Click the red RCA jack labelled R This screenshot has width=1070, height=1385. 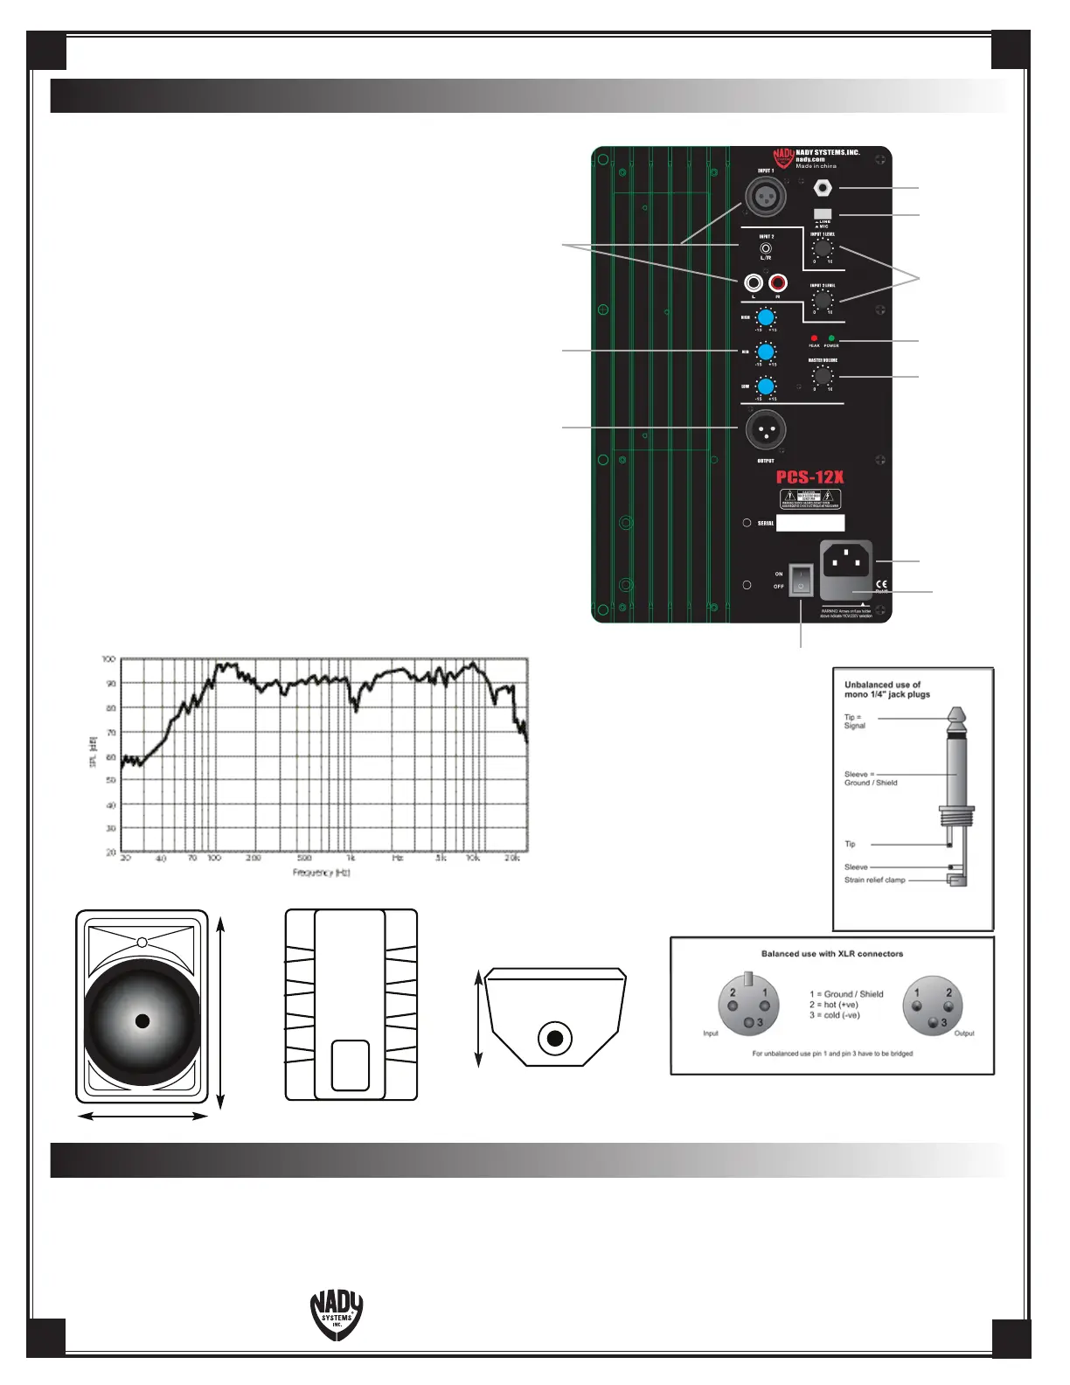(x=777, y=283)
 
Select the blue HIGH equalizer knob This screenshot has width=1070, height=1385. (x=766, y=317)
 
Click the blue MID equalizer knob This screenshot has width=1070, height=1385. (x=766, y=351)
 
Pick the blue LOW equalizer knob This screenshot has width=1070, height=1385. (x=766, y=386)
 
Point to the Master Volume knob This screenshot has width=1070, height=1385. (x=822, y=376)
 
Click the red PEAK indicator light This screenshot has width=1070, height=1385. (x=814, y=338)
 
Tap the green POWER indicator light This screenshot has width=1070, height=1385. (x=831, y=338)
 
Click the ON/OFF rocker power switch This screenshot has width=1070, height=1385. (x=801, y=580)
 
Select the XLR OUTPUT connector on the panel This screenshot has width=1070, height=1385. (x=766, y=429)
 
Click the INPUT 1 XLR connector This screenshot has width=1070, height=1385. (x=766, y=196)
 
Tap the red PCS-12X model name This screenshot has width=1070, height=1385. (x=809, y=477)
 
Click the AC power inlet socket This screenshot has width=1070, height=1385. (x=846, y=560)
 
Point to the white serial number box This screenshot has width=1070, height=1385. (x=810, y=523)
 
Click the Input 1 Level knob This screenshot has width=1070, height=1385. (x=822, y=248)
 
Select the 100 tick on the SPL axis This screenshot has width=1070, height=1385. (x=109, y=659)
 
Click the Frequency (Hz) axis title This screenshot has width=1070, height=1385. (x=321, y=873)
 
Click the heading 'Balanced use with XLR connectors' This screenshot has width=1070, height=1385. (x=831, y=954)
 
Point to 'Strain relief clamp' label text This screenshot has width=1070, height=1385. (x=874, y=880)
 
